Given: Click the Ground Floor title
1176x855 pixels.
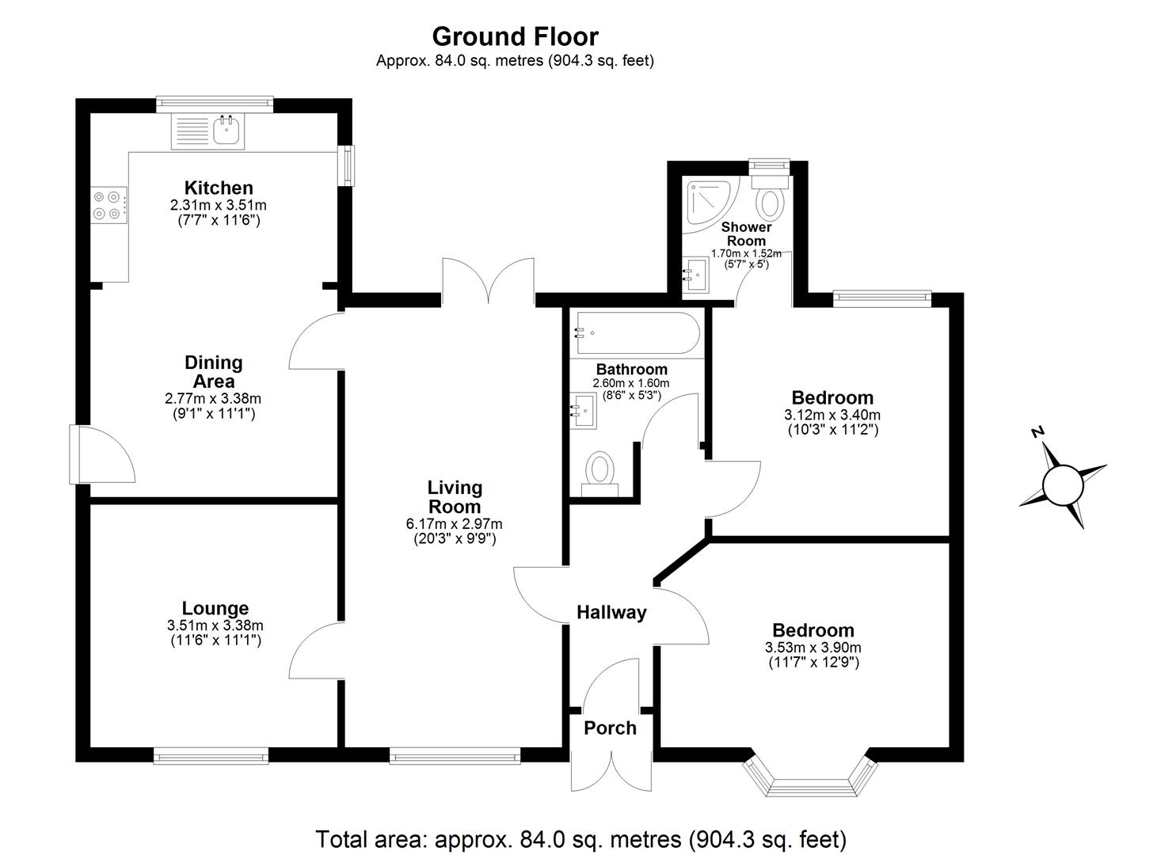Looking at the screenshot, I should coord(515,36).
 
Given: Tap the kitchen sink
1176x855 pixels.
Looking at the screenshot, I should coord(226,131).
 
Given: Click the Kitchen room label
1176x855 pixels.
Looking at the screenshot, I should coord(219,188).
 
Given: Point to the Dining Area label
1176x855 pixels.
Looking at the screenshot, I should coord(213,371).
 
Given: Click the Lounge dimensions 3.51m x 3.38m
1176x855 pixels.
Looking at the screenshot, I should coord(215,625).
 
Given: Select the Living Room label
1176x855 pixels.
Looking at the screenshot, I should coord(455,496).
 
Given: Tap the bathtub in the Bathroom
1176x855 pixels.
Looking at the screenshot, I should coord(637,334).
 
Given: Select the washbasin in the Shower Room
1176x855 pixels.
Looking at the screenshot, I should coord(697,275).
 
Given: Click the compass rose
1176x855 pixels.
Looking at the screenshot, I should coord(1062,484).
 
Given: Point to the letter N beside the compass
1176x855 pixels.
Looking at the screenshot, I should coord(1038,431).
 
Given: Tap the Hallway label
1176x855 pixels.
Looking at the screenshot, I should coord(611,612).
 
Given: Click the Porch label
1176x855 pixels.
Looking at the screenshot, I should coord(610,728).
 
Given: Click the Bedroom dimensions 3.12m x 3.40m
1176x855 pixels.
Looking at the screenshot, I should coord(832,414).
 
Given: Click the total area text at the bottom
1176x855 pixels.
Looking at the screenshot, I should coord(581,838).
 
